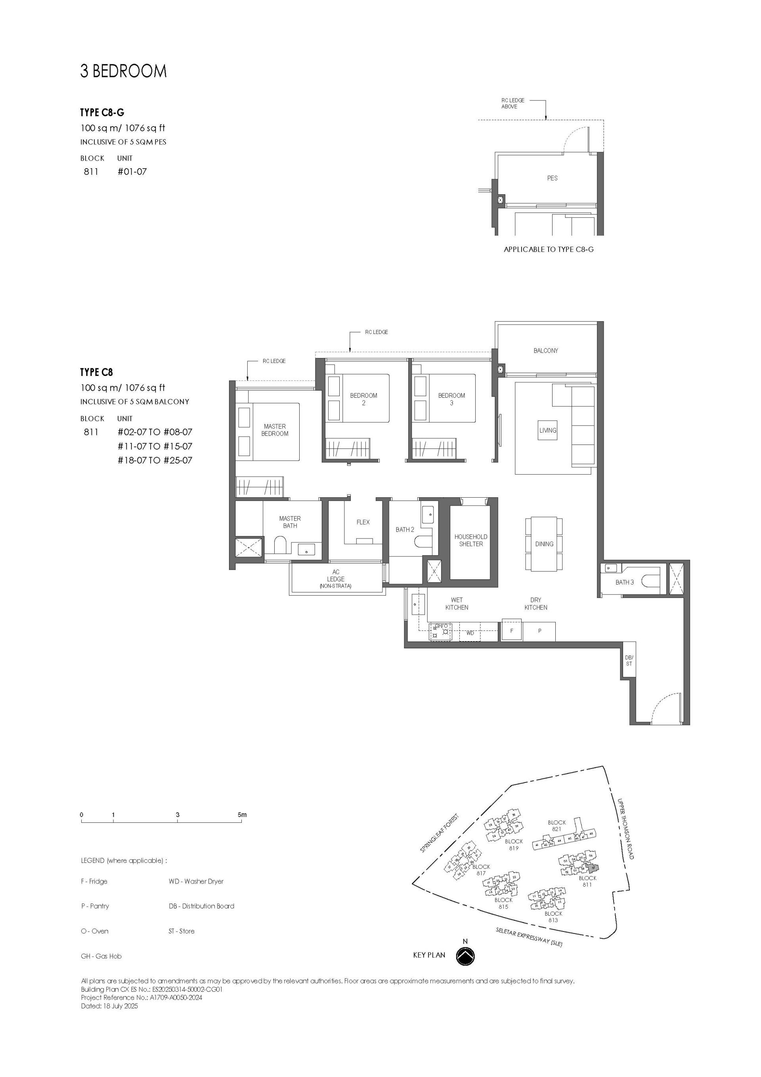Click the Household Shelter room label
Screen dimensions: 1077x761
470,540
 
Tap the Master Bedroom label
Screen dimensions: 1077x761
275,430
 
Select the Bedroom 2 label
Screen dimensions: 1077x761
363,399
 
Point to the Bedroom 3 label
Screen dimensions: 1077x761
451,399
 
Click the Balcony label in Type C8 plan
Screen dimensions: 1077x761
545,351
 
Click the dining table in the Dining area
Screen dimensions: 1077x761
544,544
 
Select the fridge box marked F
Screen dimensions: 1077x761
512,631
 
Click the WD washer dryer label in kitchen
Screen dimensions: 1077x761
470,633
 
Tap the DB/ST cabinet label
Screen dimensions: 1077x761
629,661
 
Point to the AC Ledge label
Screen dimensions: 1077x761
336,579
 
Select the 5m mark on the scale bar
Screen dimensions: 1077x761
242,815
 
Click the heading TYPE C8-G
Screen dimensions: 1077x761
102,113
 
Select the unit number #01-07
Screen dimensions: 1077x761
132,172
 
